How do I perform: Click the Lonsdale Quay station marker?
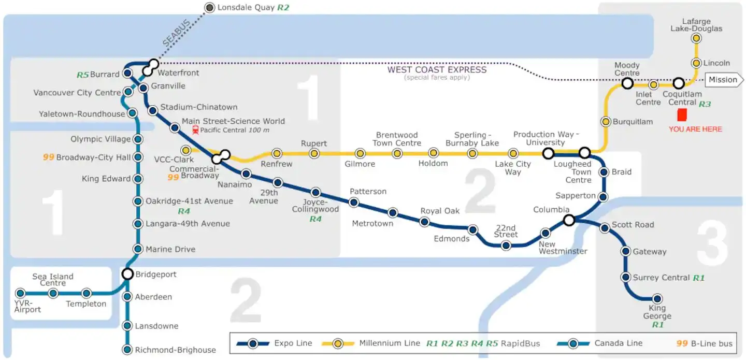pyautogui.click(x=209, y=7)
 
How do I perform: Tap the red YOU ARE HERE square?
pyautogui.click(x=682, y=115)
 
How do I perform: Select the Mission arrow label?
pyautogui.click(x=724, y=80)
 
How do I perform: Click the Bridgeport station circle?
pyautogui.click(x=127, y=273)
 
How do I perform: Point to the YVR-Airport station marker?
pyautogui.click(x=20, y=293)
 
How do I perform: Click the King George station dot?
pyautogui.click(x=657, y=298)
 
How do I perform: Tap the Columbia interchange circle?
pyautogui.click(x=569, y=220)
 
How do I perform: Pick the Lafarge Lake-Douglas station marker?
pyautogui.click(x=696, y=38)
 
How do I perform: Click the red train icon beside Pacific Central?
pyautogui.click(x=195, y=130)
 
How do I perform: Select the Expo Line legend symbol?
pyautogui.click(x=253, y=343)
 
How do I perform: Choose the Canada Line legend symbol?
pyautogui.click(x=573, y=343)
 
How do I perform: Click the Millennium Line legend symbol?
pyautogui.click(x=338, y=343)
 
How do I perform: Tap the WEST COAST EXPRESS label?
pyautogui.click(x=437, y=69)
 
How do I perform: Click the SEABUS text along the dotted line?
pyautogui.click(x=177, y=33)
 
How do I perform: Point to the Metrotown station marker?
pyautogui.click(x=393, y=212)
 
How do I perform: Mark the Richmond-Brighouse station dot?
pyautogui.click(x=127, y=350)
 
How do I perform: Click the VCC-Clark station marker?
pyautogui.click(x=186, y=150)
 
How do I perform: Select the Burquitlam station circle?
pyautogui.click(x=606, y=122)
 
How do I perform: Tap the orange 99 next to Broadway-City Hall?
pyautogui.click(x=49, y=157)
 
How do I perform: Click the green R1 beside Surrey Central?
pyautogui.click(x=699, y=278)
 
